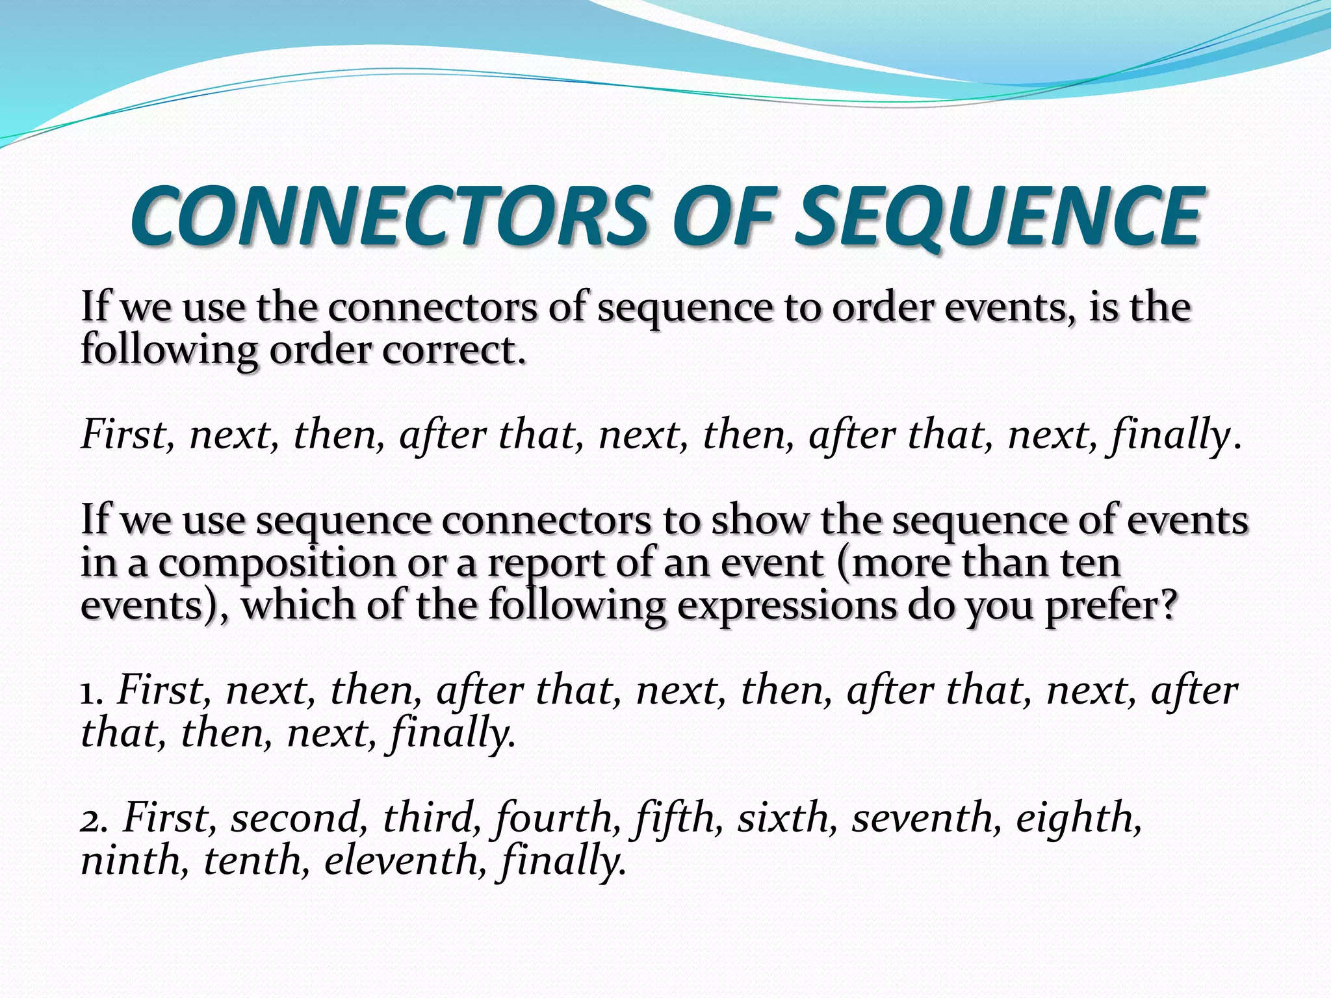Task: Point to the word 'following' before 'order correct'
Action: point(168,352)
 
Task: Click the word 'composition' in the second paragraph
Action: point(276,563)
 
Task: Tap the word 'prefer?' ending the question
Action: point(1111,606)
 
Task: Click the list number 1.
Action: point(91,691)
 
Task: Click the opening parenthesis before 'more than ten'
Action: point(843,563)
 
